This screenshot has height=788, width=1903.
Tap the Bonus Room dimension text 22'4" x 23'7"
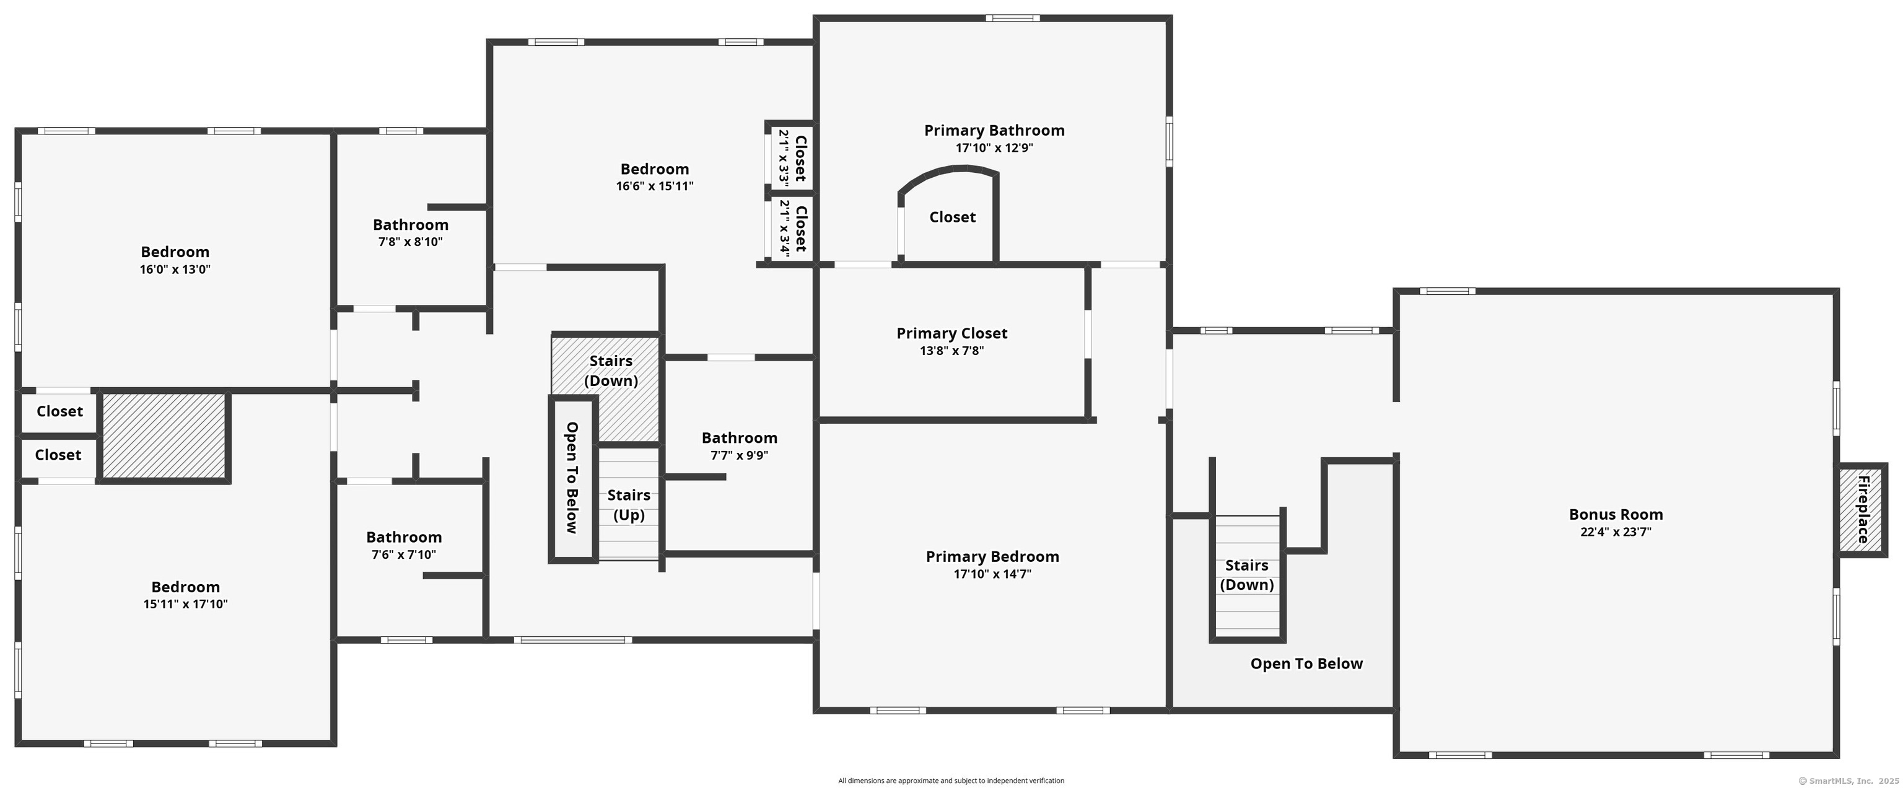pyautogui.click(x=1616, y=532)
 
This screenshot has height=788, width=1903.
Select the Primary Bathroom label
pyautogui.click(x=994, y=131)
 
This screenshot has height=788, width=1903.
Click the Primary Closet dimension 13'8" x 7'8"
pyautogui.click(x=951, y=351)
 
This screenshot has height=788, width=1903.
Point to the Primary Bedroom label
pyautogui.click(x=992, y=557)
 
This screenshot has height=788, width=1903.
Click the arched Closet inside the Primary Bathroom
pyautogui.click(x=952, y=217)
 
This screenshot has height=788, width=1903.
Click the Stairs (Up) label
pyautogui.click(x=629, y=505)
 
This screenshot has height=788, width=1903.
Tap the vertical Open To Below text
pyautogui.click(x=572, y=477)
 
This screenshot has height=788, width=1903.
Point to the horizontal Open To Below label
pyautogui.click(x=1306, y=664)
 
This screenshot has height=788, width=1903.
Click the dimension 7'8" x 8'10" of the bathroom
pyautogui.click(x=410, y=242)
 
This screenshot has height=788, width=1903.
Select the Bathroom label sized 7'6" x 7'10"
pyautogui.click(x=404, y=538)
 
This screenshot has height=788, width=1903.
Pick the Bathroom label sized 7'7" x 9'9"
pyautogui.click(x=740, y=438)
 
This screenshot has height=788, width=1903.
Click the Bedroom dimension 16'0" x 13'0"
pyautogui.click(x=175, y=269)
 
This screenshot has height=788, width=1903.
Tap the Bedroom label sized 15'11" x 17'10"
pyautogui.click(x=185, y=587)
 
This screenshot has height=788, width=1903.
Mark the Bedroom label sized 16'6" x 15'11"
pyautogui.click(x=655, y=169)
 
